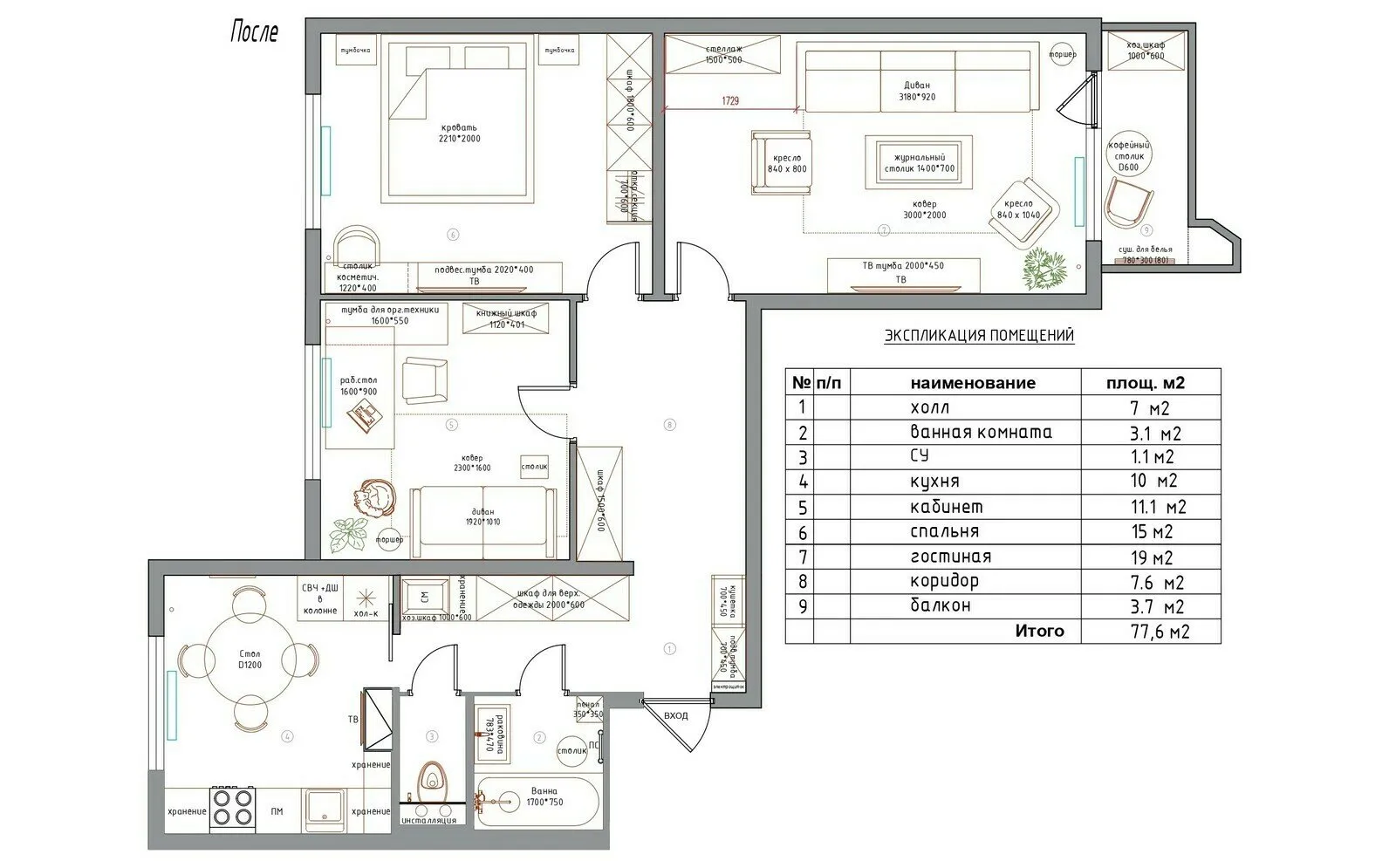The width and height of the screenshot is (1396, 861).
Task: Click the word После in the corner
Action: [254, 33]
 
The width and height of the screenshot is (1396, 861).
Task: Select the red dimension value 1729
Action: [729, 101]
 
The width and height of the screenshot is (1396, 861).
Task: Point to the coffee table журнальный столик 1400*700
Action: [919, 161]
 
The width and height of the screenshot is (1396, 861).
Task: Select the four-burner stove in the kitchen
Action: [232, 807]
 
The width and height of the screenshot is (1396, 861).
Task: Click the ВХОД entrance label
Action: [675, 715]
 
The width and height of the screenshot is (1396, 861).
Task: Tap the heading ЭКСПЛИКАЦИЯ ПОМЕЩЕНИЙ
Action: [979, 336]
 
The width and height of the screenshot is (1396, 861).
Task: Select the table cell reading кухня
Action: [934, 481]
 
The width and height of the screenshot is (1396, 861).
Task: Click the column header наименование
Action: [972, 382]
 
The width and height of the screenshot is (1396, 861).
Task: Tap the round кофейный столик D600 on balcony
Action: [1129, 155]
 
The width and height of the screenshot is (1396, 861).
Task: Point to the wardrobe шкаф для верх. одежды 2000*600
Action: [553, 598]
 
